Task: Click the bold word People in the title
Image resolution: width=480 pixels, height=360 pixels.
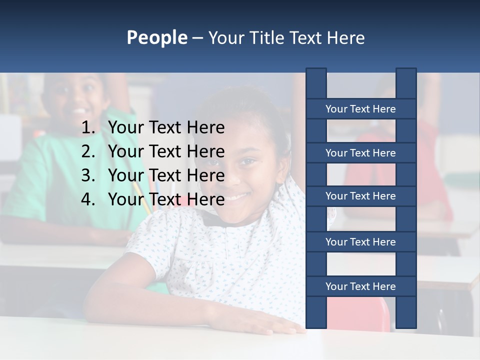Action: click(x=156, y=37)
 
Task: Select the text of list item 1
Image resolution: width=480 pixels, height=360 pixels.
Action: click(x=166, y=128)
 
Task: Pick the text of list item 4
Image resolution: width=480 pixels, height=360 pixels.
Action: click(x=166, y=199)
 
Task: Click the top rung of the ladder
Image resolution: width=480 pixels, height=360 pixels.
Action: click(x=360, y=109)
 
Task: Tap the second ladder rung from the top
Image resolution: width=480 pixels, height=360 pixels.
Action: click(x=360, y=153)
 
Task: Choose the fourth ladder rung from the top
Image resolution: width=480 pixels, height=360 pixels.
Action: click(x=360, y=242)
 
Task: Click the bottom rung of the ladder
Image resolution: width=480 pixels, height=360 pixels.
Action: click(x=360, y=286)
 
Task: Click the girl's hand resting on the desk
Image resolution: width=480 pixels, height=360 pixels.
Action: click(x=270, y=326)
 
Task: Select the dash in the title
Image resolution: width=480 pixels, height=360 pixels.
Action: click(x=197, y=38)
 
